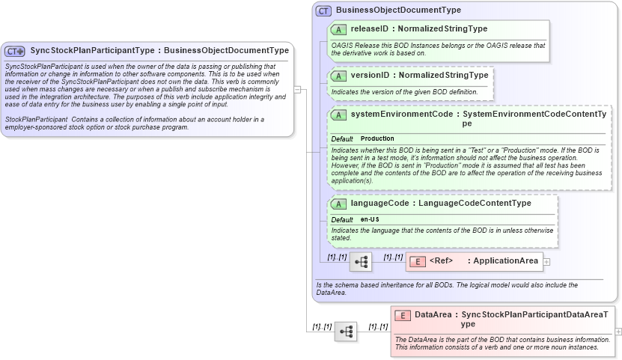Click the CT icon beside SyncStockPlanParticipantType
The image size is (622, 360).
(x=15, y=51)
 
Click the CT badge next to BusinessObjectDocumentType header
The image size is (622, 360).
(x=323, y=10)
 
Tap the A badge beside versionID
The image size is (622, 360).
(x=338, y=76)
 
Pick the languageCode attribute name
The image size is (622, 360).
(x=379, y=203)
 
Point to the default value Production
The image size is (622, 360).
(x=377, y=139)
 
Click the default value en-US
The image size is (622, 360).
(x=370, y=219)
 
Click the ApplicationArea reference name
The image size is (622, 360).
(x=506, y=261)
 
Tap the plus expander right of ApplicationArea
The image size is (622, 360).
(x=546, y=262)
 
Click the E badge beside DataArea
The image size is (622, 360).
(x=403, y=315)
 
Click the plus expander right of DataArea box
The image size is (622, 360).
(x=618, y=331)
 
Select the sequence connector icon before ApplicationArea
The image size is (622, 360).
(x=361, y=262)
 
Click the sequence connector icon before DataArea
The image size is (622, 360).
(x=346, y=332)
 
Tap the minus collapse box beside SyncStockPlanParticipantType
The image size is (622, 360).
(x=297, y=89)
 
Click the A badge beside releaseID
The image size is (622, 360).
(x=338, y=29)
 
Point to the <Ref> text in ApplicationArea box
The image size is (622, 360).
(x=442, y=261)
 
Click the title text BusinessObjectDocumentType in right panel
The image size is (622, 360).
(x=398, y=10)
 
